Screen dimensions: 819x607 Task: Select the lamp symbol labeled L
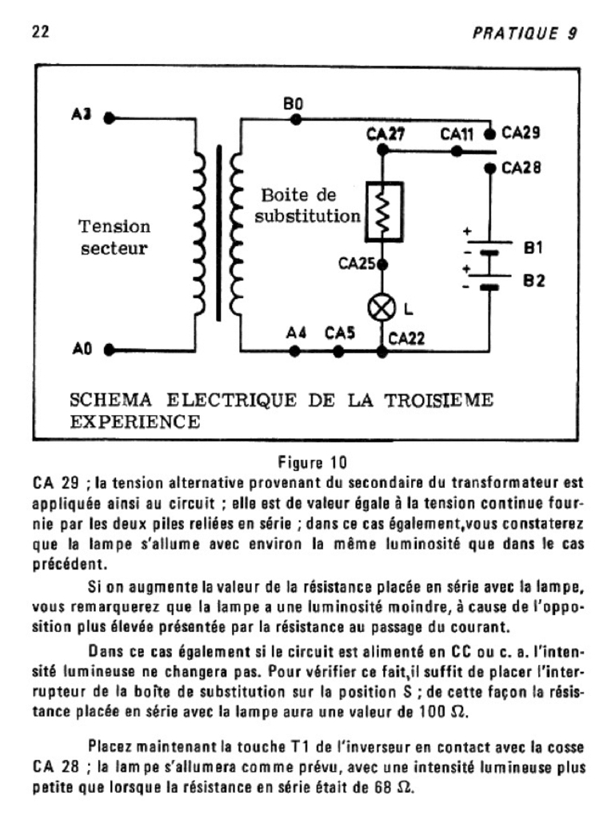pyautogui.click(x=381, y=308)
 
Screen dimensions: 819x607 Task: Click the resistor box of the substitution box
pyautogui.click(x=382, y=211)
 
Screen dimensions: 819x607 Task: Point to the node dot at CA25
pyautogui.click(x=382, y=263)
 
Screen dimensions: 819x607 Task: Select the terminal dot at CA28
pyautogui.click(x=490, y=167)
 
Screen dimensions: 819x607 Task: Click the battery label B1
pyautogui.click(x=533, y=248)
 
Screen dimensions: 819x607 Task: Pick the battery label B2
pyautogui.click(x=533, y=281)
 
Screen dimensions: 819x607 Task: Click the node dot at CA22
pyautogui.click(x=381, y=350)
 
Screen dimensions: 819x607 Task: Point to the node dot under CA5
pyautogui.click(x=339, y=350)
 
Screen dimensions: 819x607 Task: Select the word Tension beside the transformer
pyautogui.click(x=114, y=227)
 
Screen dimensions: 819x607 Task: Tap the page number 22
pyautogui.click(x=41, y=32)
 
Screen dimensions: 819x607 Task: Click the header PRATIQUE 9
pyautogui.click(x=525, y=33)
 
